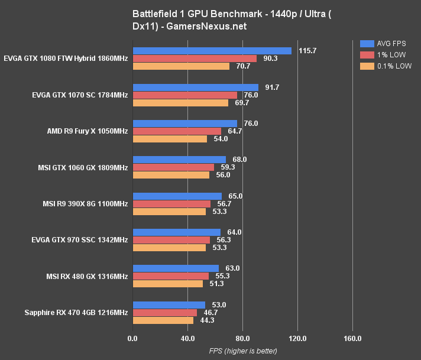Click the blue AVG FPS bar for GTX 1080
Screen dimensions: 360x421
click(x=212, y=51)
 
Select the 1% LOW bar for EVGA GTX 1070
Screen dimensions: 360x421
click(x=184, y=95)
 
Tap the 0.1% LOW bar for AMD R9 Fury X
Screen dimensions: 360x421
click(x=170, y=139)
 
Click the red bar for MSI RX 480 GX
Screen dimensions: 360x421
click(x=170, y=276)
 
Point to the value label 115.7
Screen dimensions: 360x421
click(x=307, y=51)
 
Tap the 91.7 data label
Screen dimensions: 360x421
click(x=273, y=87)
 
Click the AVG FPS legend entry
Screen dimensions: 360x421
click(x=386, y=43)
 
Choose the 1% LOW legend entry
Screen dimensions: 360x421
click(x=384, y=54)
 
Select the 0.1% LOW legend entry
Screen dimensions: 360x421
click(x=387, y=66)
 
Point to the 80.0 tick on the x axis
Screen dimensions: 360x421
click(x=242, y=339)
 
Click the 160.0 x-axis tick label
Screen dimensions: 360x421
click(x=352, y=339)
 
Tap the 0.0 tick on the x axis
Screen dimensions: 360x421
click(x=132, y=339)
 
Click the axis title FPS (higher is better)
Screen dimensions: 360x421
click(x=242, y=351)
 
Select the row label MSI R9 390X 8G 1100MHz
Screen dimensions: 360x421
click(x=85, y=204)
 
